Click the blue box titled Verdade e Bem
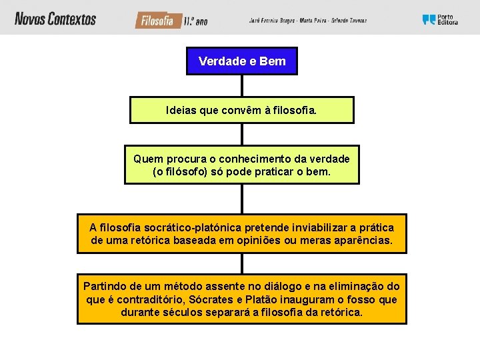pyautogui.click(x=241, y=61)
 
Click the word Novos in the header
pyautogui.click(x=30, y=19)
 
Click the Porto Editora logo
pyautogui.click(x=440, y=20)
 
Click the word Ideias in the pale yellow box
pyautogui.click(x=181, y=110)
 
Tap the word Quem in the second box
pyautogui.click(x=147, y=159)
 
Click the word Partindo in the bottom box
pyautogui.click(x=105, y=286)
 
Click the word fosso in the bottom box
pyautogui.click(x=364, y=299)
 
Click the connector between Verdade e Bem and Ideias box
pyautogui.click(x=241, y=86)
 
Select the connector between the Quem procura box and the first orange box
pyautogui.click(x=241, y=199)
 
